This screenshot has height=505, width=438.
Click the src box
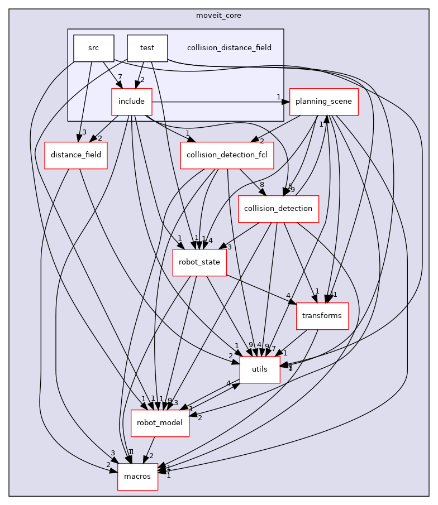[x=94, y=48]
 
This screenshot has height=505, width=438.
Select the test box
[x=147, y=48]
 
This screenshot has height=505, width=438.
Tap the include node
[x=132, y=102]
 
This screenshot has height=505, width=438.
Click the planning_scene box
[x=323, y=102]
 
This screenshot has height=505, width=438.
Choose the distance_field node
[x=79, y=155]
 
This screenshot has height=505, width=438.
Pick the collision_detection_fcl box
[x=227, y=155]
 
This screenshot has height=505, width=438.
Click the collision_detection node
[x=278, y=209]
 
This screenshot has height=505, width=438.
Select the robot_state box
[x=199, y=262]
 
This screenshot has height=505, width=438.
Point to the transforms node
[x=322, y=316]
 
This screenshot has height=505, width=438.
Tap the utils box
[x=260, y=369]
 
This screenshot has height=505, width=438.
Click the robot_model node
[x=160, y=422]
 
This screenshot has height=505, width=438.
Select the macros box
[x=137, y=476]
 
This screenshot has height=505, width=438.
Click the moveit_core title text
[x=218, y=16]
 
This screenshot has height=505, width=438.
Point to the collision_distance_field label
[x=229, y=48]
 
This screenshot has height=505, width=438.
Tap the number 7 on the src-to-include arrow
[x=120, y=76]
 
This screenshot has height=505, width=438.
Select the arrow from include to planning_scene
[x=218, y=102]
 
